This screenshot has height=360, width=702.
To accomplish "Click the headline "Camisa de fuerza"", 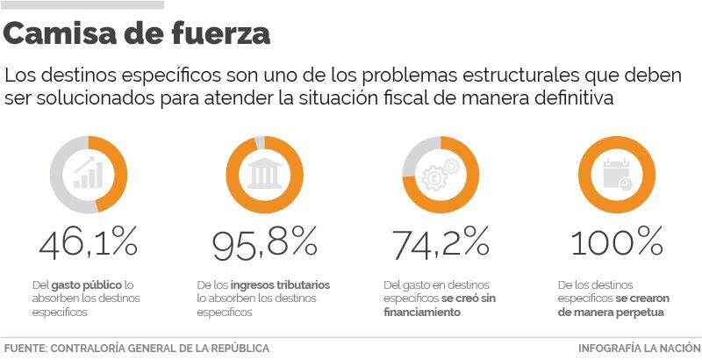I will coord(137,35).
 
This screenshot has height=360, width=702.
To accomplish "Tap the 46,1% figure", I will coord(88,242).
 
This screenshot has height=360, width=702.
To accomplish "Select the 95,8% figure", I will coord(264,242).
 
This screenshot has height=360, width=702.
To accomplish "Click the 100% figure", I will coord(616,242).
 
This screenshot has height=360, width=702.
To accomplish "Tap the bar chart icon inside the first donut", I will coord(87,173).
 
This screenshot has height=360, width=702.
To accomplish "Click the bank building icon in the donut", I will coord(263,173).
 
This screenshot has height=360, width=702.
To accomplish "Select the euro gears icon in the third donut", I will coord(440,172).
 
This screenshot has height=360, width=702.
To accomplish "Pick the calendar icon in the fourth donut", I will coord(615,173).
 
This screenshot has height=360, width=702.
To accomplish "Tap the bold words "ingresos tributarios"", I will coord(281,285).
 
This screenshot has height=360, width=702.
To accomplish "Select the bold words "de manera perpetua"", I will coord(611,312).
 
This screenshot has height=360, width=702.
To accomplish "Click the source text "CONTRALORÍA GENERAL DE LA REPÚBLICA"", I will coord(160,348).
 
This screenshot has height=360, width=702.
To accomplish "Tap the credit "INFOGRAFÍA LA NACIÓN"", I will coord(639,348).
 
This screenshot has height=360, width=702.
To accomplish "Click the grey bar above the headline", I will coord(82,4).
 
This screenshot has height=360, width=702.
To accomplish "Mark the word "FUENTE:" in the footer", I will coord(25,348).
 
